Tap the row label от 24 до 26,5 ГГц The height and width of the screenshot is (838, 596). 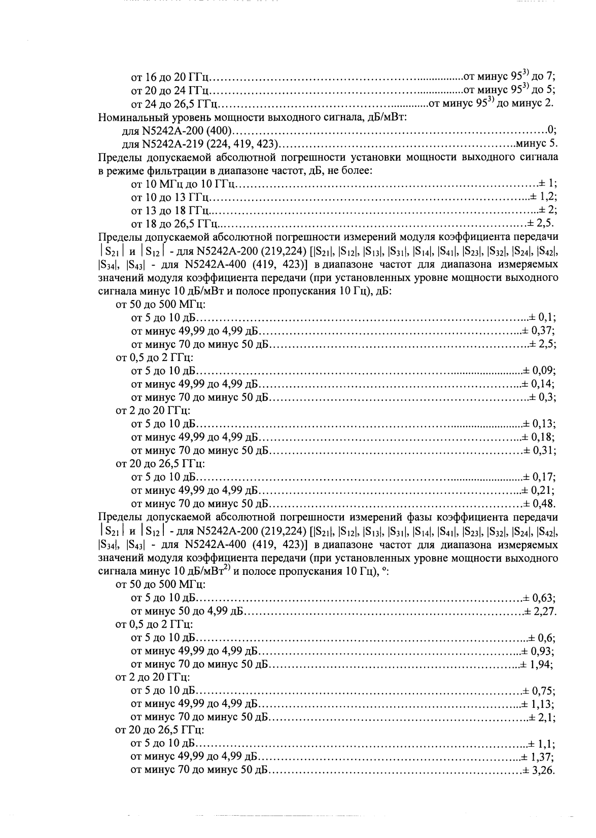[x=174, y=105]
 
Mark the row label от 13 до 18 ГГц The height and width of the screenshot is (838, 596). [x=171, y=210]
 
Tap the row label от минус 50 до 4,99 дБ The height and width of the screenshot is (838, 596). [x=188, y=611]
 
